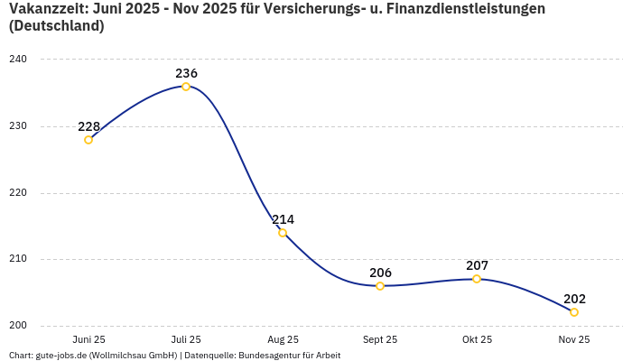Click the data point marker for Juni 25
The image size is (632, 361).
click(88, 140)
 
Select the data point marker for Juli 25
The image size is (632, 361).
click(186, 87)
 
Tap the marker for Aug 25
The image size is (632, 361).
click(283, 233)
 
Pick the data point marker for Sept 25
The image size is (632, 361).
click(380, 286)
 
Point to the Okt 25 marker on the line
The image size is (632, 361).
click(477, 279)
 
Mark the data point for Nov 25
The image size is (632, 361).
click(574, 312)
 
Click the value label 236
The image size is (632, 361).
click(186, 73)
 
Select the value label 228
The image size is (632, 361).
click(88, 126)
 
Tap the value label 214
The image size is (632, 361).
click(283, 219)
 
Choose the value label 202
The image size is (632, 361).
click(574, 299)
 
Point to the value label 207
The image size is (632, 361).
click(477, 265)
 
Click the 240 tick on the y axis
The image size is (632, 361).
click(18, 60)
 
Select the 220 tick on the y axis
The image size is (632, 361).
click(18, 193)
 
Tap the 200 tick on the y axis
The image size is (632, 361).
click(18, 326)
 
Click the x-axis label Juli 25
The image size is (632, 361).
click(186, 339)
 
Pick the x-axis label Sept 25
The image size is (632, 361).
click(380, 339)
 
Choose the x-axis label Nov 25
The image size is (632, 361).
click(574, 339)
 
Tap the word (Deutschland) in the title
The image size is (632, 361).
click(56, 26)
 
